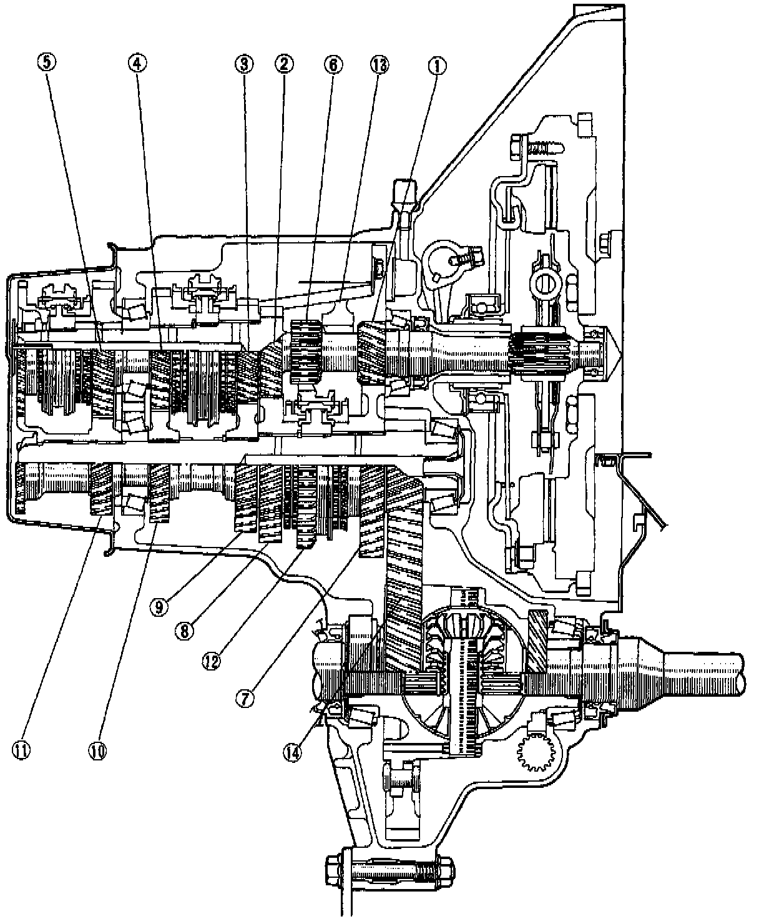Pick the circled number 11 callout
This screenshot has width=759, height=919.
tap(23, 750)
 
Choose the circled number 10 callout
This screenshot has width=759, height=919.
tap(99, 750)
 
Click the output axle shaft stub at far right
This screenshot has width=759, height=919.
tap(705, 671)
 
